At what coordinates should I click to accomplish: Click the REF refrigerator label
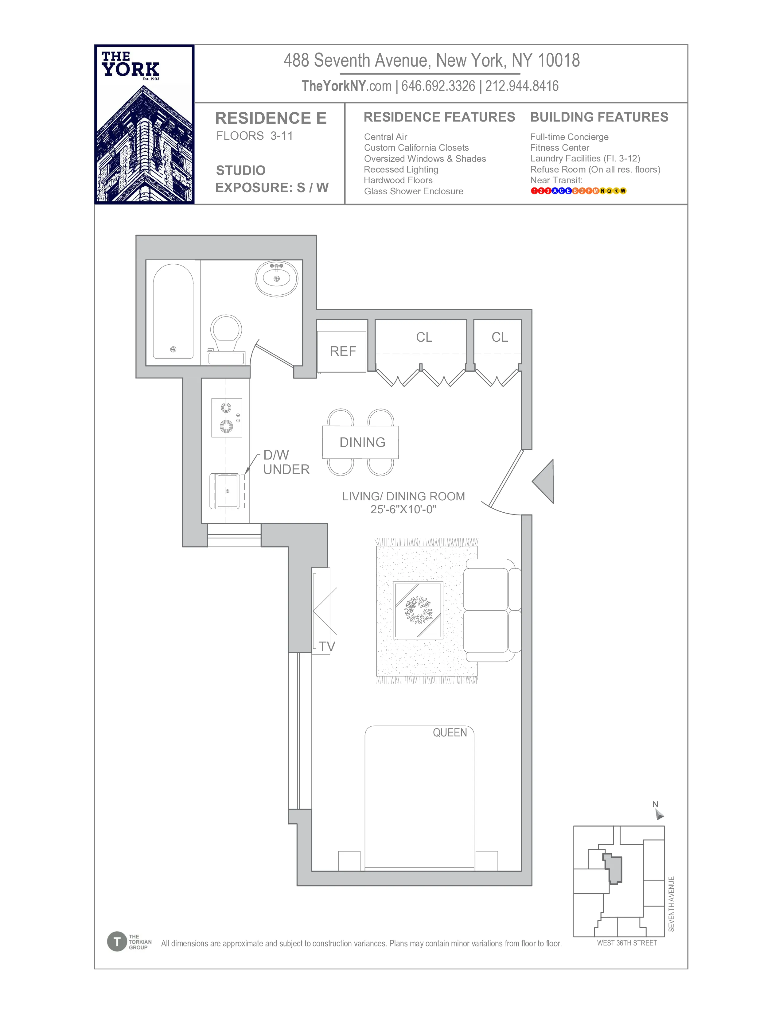pyautogui.click(x=343, y=351)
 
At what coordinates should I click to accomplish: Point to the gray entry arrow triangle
pyautogui.click(x=545, y=481)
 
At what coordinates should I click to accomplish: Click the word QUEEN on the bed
pyautogui.click(x=450, y=732)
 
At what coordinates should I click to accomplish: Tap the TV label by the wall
pyautogui.click(x=327, y=646)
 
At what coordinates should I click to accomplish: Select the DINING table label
pyautogui.click(x=362, y=442)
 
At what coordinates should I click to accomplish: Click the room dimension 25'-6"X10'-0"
pyautogui.click(x=403, y=509)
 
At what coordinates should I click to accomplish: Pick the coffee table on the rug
pyautogui.click(x=418, y=610)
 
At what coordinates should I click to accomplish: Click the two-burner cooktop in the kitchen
pyautogui.click(x=226, y=417)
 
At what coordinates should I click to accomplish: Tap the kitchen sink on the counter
pyautogui.click(x=227, y=491)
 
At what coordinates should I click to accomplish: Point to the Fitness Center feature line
pyautogui.click(x=559, y=147)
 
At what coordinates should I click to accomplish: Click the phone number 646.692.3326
pyautogui.click(x=438, y=86)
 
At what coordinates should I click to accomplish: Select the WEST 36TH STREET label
pyautogui.click(x=627, y=943)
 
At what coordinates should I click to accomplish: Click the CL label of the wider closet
pyautogui.click(x=424, y=337)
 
